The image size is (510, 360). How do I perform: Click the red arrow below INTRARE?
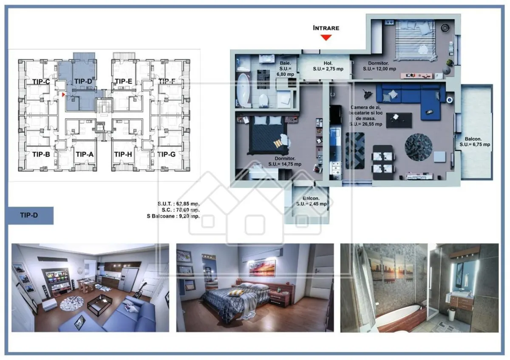coord(326,37)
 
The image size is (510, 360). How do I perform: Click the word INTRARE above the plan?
coord(326,28)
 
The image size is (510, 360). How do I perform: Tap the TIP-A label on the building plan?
coord(85,154)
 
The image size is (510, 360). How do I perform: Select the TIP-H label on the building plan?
coord(123,154)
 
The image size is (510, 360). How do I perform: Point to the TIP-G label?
coord(167,154)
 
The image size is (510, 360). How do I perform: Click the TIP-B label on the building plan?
coord(41,154)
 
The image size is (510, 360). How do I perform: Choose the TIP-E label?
coord(123,81)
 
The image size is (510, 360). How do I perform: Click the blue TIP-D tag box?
coord(31,215)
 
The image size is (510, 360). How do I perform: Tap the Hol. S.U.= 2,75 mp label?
coord(328,66)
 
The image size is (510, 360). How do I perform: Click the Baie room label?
coord(285,68)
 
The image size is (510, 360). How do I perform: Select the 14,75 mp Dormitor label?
coord(285,161)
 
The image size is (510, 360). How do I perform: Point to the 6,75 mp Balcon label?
coord(475,142)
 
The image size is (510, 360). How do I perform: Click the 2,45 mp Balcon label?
coord(311,201)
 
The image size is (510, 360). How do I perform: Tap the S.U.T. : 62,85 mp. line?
coord(178,204)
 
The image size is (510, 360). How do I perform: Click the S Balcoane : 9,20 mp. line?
coord(173,216)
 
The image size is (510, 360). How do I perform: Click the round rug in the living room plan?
coord(419,147)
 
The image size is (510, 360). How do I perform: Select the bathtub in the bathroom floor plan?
coord(243,90)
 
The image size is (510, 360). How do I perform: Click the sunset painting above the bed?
coord(262,268)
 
